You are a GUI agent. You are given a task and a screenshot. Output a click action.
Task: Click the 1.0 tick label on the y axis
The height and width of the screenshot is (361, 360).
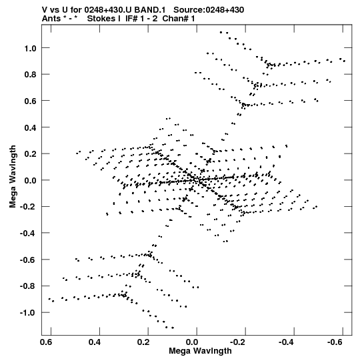(30, 48)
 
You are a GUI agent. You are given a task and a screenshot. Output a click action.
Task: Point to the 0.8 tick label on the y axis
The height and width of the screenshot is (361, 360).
(30, 75)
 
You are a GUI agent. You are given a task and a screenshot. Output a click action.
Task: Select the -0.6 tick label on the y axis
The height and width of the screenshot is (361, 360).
(28, 260)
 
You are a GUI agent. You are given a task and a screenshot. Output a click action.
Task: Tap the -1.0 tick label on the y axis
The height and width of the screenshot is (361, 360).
(28, 313)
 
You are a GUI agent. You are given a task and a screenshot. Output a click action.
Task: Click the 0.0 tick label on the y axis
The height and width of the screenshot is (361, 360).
(30, 180)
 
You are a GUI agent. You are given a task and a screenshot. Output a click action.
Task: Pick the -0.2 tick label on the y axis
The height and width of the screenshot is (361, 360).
(28, 207)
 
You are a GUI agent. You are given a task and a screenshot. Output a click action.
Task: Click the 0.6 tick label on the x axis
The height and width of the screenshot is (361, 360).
(46, 342)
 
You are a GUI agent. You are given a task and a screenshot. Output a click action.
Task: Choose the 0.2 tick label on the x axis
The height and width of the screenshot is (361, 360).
(143, 342)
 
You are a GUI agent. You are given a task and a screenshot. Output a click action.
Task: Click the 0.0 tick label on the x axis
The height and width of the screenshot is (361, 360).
(192, 342)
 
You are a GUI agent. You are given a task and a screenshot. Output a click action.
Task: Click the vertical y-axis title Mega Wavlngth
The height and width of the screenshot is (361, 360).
(13, 176)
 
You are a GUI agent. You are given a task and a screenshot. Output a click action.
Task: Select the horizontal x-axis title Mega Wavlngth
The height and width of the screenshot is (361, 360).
(200, 351)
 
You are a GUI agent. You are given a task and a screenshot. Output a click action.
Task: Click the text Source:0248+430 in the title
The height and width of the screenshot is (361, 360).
(209, 10)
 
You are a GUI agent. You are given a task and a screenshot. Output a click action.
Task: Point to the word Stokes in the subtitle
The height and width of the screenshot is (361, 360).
(104, 19)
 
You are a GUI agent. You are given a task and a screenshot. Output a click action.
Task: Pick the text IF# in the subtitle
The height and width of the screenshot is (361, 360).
(131, 19)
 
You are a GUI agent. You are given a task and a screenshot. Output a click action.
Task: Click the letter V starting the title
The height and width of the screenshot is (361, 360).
(45, 10)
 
